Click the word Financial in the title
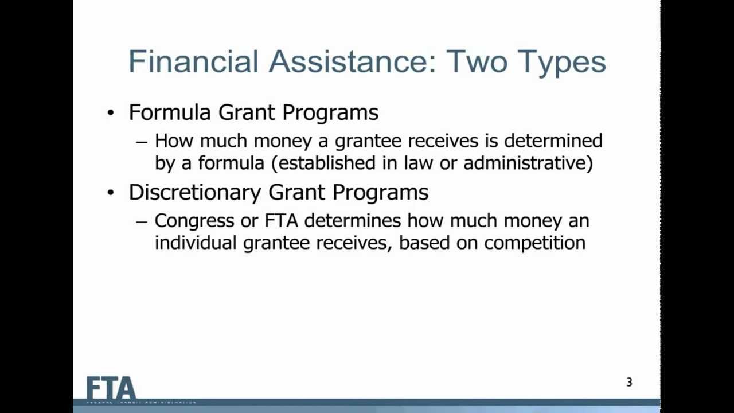(194, 61)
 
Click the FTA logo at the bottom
(111, 389)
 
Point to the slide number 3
(629, 383)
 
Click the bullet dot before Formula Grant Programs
(111, 113)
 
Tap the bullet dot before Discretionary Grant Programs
(111, 193)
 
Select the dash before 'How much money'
(142, 141)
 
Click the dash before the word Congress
(142, 221)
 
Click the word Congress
(194, 221)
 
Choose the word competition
(534, 243)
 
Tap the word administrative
(528, 163)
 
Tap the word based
(424, 243)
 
